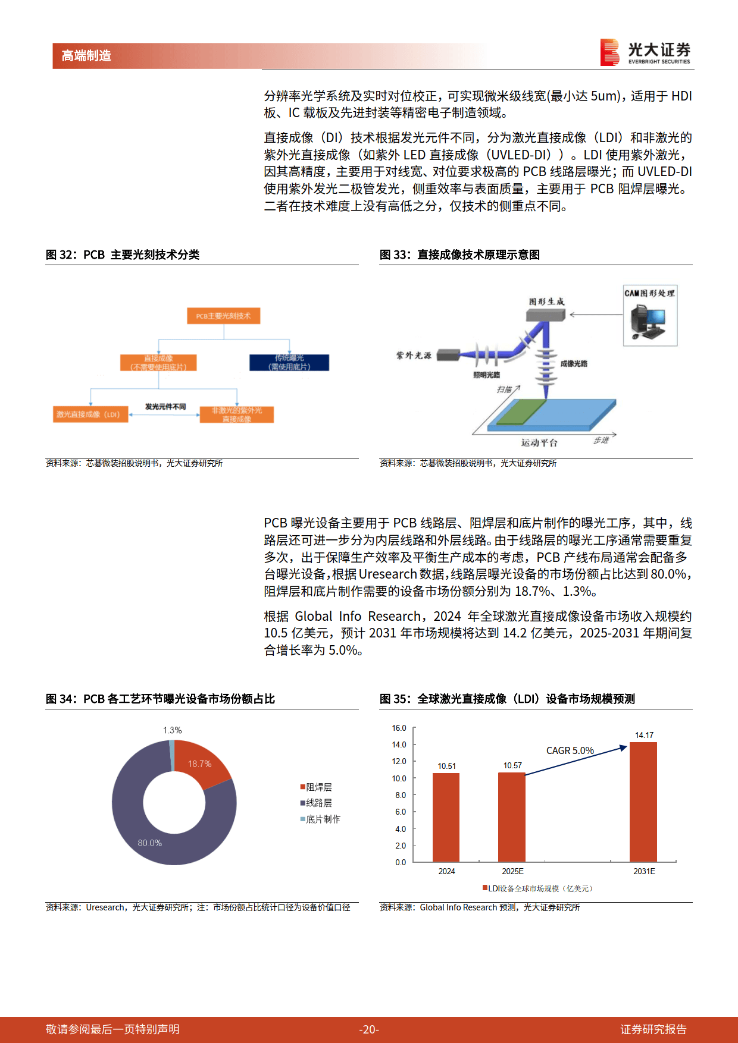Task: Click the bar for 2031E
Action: (643, 802)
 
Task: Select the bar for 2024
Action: (446, 817)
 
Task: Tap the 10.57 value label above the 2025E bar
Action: (512, 765)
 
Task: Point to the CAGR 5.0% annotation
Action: (570, 750)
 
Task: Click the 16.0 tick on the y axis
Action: (399, 728)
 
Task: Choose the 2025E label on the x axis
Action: (512, 871)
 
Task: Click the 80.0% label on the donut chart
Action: (149, 843)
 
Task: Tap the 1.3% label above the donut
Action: (173, 730)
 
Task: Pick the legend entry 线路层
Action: (318, 803)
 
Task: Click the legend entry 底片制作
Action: (323, 819)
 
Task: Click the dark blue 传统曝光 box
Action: (289, 362)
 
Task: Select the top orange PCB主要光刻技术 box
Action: (224, 316)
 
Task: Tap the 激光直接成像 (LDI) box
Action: (90, 414)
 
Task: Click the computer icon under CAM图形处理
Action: (648, 322)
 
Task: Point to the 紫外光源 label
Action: (414, 356)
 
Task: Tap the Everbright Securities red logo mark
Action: (610, 52)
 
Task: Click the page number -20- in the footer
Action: (369, 1029)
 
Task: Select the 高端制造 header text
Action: (86, 56)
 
